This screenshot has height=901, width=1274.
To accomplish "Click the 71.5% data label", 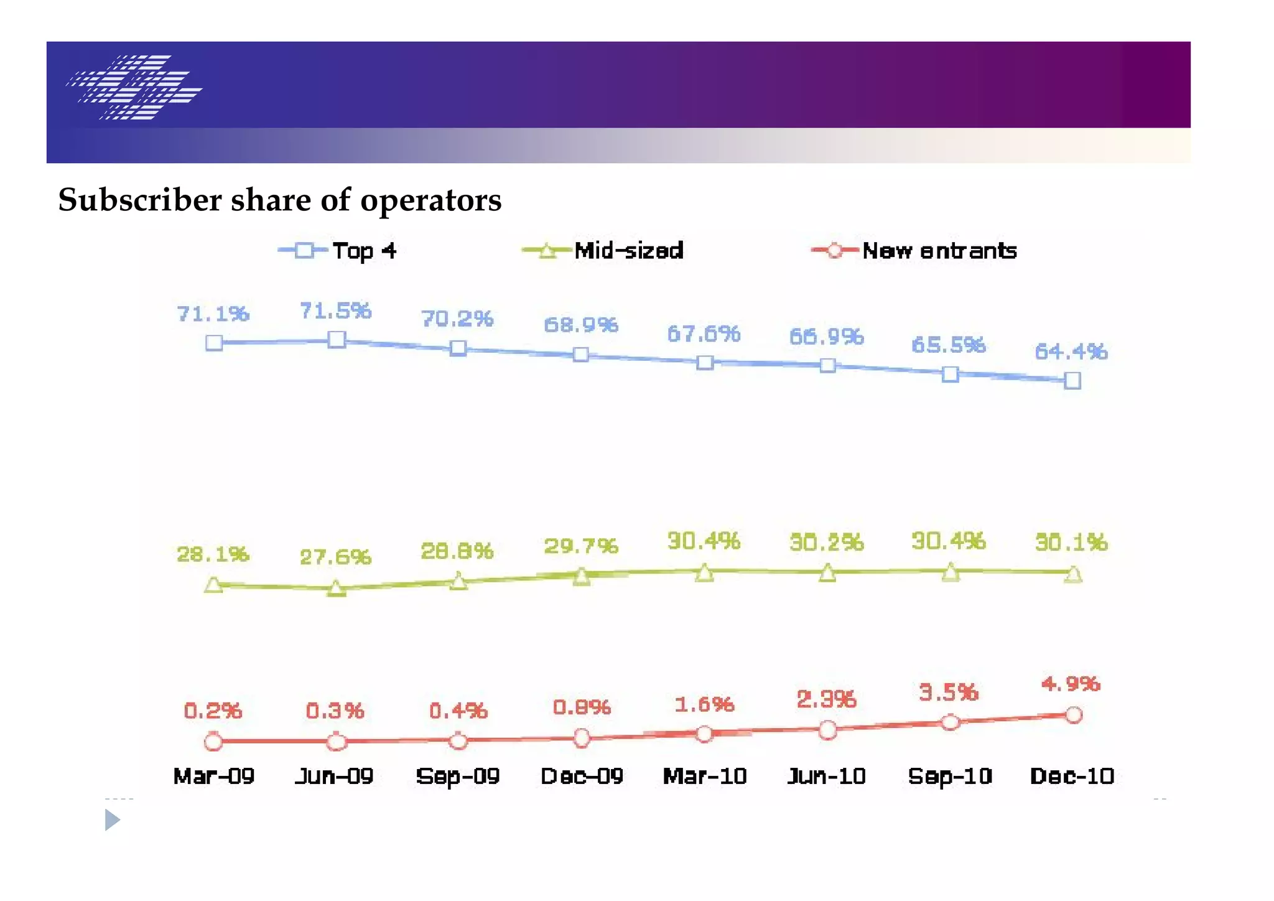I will pos(335,310).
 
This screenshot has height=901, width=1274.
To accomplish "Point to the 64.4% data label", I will pos(1071,352).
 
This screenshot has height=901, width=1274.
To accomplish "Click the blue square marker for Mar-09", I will pos(214,343).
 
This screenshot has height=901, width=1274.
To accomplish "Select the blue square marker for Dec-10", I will pos(1072,380).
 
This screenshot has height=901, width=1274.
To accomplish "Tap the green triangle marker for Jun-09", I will pos(337,588).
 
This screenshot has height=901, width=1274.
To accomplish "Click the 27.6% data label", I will pos(335,557).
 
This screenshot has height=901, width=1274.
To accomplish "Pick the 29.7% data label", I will pos(581,546).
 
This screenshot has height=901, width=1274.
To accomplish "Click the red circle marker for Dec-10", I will pos(1074,715).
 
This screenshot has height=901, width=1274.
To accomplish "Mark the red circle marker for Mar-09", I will pos(213,742).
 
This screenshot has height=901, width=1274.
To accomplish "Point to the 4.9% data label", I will pos(1071,684).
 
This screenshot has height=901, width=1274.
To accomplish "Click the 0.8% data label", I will pos(582,707).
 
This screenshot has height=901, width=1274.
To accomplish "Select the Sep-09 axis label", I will pos(458,776).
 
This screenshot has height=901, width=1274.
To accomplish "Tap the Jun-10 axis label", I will pos(827,776).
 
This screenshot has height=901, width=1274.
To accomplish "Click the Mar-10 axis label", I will pos(704,776).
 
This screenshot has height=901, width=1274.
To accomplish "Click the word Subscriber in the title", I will pos(140,200).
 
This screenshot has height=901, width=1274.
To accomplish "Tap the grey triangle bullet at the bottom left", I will pos(112,820).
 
